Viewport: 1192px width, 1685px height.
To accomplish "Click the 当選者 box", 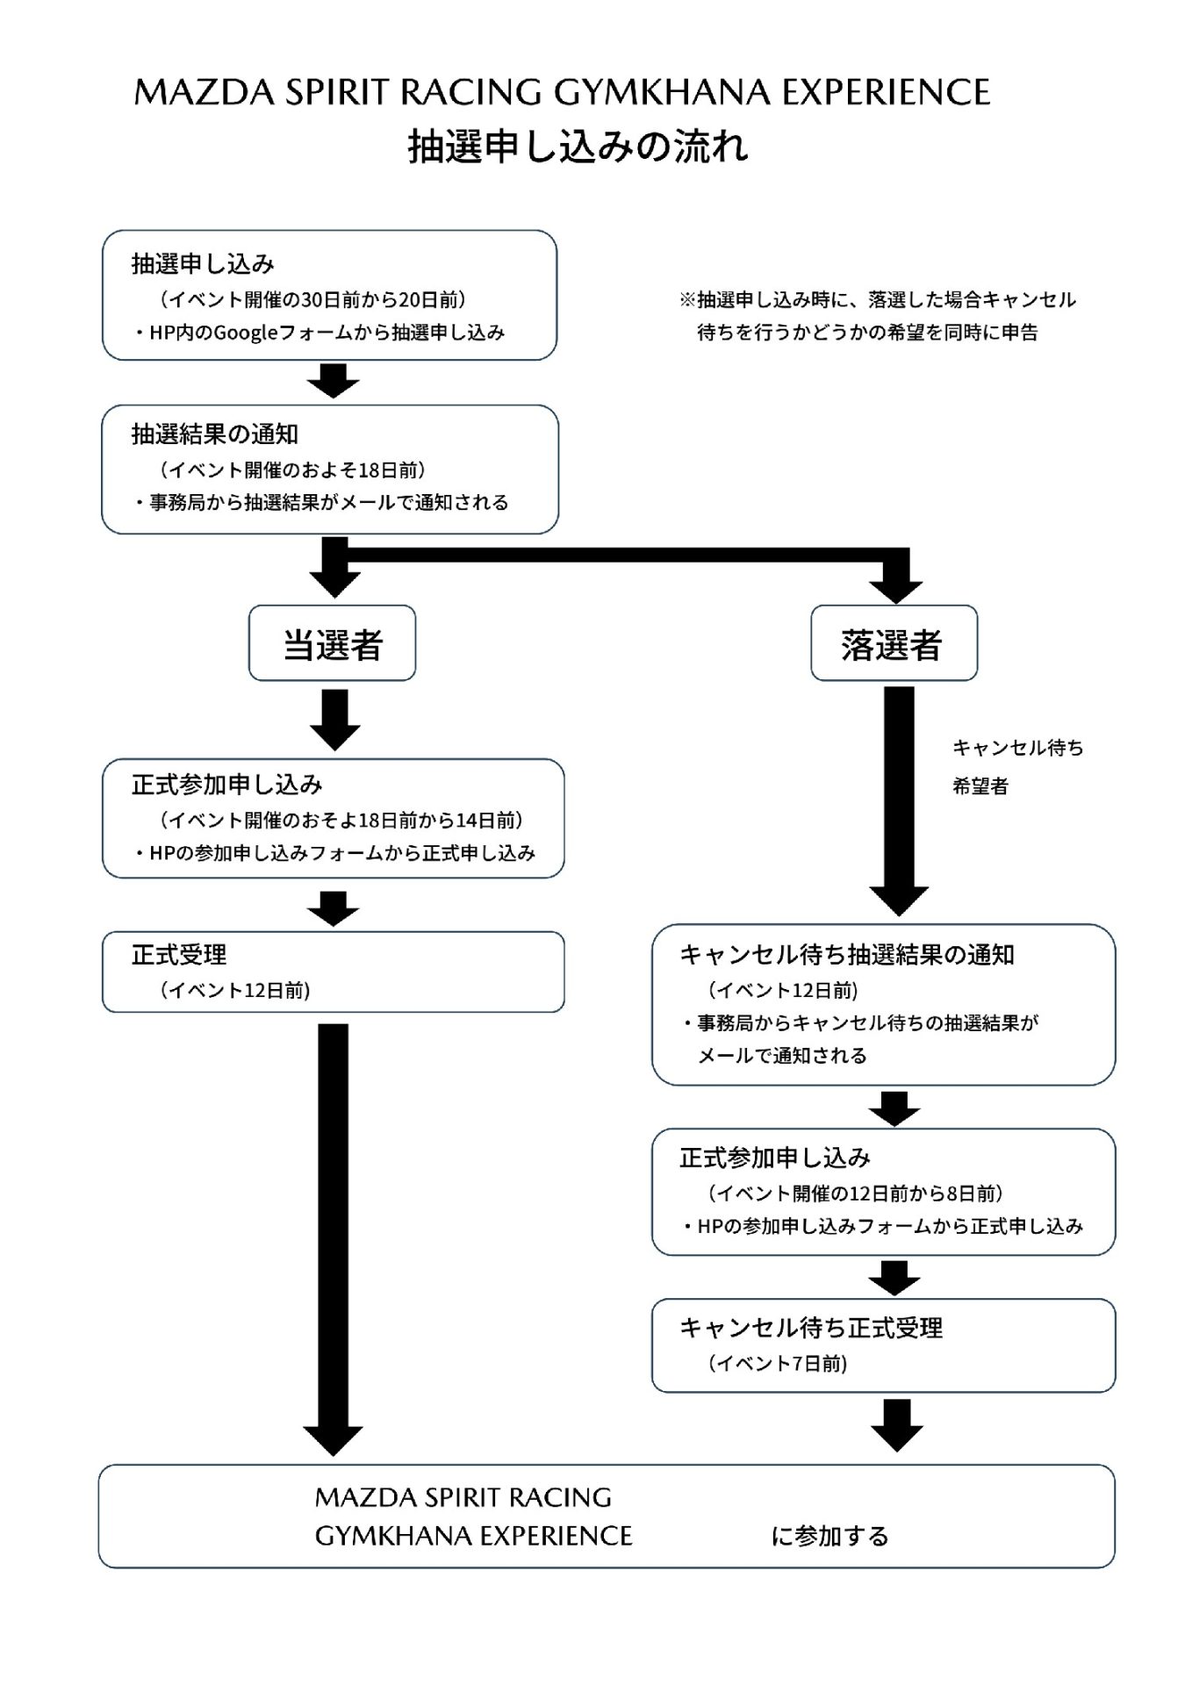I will pyautogui.click(x=332, y=643).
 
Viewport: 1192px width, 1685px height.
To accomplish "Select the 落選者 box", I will pyautogui.click(x=893, y=643).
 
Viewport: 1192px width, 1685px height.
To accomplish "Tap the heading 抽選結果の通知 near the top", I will pyautogui.click(x=215, y=434).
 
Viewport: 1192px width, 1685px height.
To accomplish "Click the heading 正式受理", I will pyautogui.click(x=179, y=954).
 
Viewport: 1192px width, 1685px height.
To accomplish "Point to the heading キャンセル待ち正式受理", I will pyautogui.click(x=811, y=1327).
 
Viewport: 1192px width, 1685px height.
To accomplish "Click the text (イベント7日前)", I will pyautogui.click(x=779, y=1363).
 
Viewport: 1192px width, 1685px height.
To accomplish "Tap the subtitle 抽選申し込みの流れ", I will pyautogui.click(x=578, y=147).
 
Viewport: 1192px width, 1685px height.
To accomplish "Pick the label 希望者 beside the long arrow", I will pyautogui.click(x=980, y=786).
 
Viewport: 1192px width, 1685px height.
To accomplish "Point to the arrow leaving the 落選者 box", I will pyautogui.click(x=899, y=799).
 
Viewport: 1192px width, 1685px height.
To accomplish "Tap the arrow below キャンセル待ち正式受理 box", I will pyautogui.click(x=897, y=1425).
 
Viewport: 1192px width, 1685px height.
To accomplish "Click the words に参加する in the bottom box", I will pyautogui.click(x=830, y=1536).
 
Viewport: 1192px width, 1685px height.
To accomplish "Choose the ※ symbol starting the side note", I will pyautogui.click(x=687, y=300).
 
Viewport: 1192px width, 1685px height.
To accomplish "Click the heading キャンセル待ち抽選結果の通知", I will pyautogui.click(x=847, y=954).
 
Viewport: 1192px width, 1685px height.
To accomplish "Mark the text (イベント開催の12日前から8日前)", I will pyautogui.click(x=856, y=1193).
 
